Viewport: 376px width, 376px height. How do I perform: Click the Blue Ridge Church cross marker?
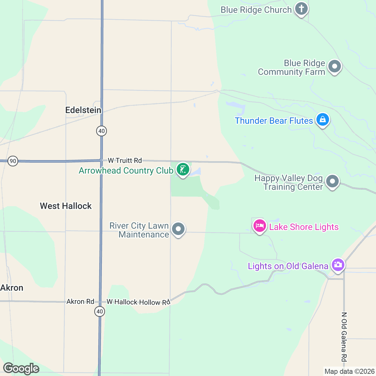point(301,9)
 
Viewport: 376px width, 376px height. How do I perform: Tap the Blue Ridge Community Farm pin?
point(334,66)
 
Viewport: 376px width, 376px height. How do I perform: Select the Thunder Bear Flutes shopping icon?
point(322,120)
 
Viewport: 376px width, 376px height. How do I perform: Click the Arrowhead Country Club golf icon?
point(183,170)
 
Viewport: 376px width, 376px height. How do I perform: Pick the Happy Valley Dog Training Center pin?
point(332,181)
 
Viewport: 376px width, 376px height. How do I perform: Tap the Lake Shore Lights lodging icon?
point(259,226)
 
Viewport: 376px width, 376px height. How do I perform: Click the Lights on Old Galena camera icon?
point(337,265)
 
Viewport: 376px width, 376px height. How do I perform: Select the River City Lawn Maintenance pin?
point(178,229)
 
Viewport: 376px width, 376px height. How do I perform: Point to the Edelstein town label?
point(83,110)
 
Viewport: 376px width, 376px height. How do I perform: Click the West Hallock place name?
point(66,206)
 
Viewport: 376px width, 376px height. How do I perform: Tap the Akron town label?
point(12,288)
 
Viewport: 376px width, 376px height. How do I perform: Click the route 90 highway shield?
point(13,161)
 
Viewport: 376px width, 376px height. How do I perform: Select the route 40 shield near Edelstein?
point(102,131)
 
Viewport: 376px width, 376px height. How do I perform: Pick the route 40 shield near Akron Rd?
point(100,311)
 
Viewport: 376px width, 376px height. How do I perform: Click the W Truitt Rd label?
point(125,160)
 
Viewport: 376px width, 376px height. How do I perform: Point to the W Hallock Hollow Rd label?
point(138,302)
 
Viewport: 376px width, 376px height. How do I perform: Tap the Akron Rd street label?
point(80,301)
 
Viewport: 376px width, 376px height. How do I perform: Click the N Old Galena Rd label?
point(344,337)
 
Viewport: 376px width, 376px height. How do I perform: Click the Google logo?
point(21,368)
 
